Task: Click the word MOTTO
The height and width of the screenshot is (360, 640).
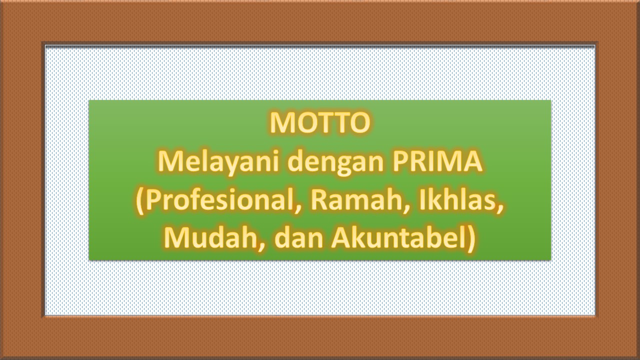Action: (320, 123)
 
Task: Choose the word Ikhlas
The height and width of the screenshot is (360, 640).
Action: (457, 200)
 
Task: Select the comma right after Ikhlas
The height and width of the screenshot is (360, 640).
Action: (499, 210)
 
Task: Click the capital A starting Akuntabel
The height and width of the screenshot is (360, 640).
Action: (341, 238)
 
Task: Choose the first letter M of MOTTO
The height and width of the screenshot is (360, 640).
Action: (282, 123)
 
